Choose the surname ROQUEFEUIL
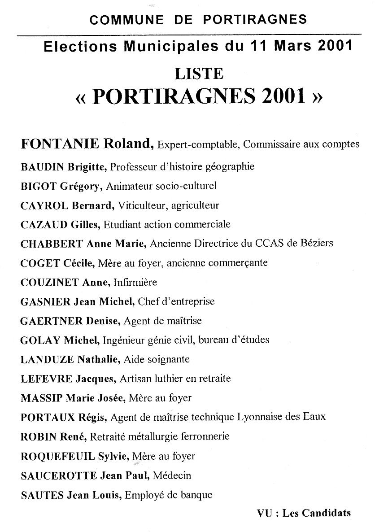click(58, 456)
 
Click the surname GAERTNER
click(52, 321)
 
